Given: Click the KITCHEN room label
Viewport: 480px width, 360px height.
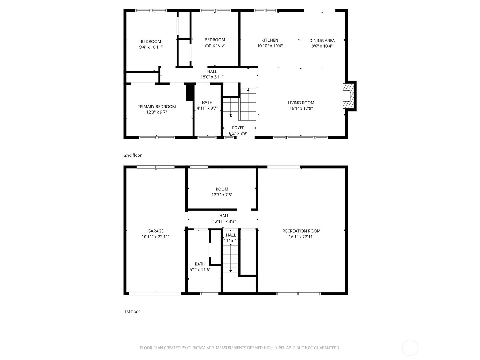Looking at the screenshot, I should tap(270, 40).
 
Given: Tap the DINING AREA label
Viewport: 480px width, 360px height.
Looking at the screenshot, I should tap(322, 40).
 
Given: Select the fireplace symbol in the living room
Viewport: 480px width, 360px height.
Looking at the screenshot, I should tap(349, 96).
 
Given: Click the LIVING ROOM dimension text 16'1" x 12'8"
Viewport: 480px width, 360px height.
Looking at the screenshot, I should tap(301, 109).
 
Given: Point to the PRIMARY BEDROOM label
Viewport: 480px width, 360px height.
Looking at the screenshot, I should tap(157, 106).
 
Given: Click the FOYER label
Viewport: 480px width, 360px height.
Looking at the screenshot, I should tap(238, 128).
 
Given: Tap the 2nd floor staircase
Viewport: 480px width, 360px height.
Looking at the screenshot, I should tap(248, 104).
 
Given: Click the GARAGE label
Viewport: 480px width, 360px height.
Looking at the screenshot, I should tap(155, 231).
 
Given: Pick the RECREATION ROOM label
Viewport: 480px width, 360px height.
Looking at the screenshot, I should tap(301, 231).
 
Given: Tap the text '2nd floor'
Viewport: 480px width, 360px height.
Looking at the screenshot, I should tap(133, 155).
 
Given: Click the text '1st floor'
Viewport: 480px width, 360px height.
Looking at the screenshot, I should tap(132, 311).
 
